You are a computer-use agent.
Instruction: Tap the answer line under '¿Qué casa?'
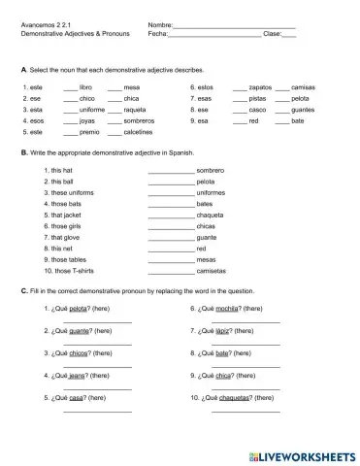click(97, 412)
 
